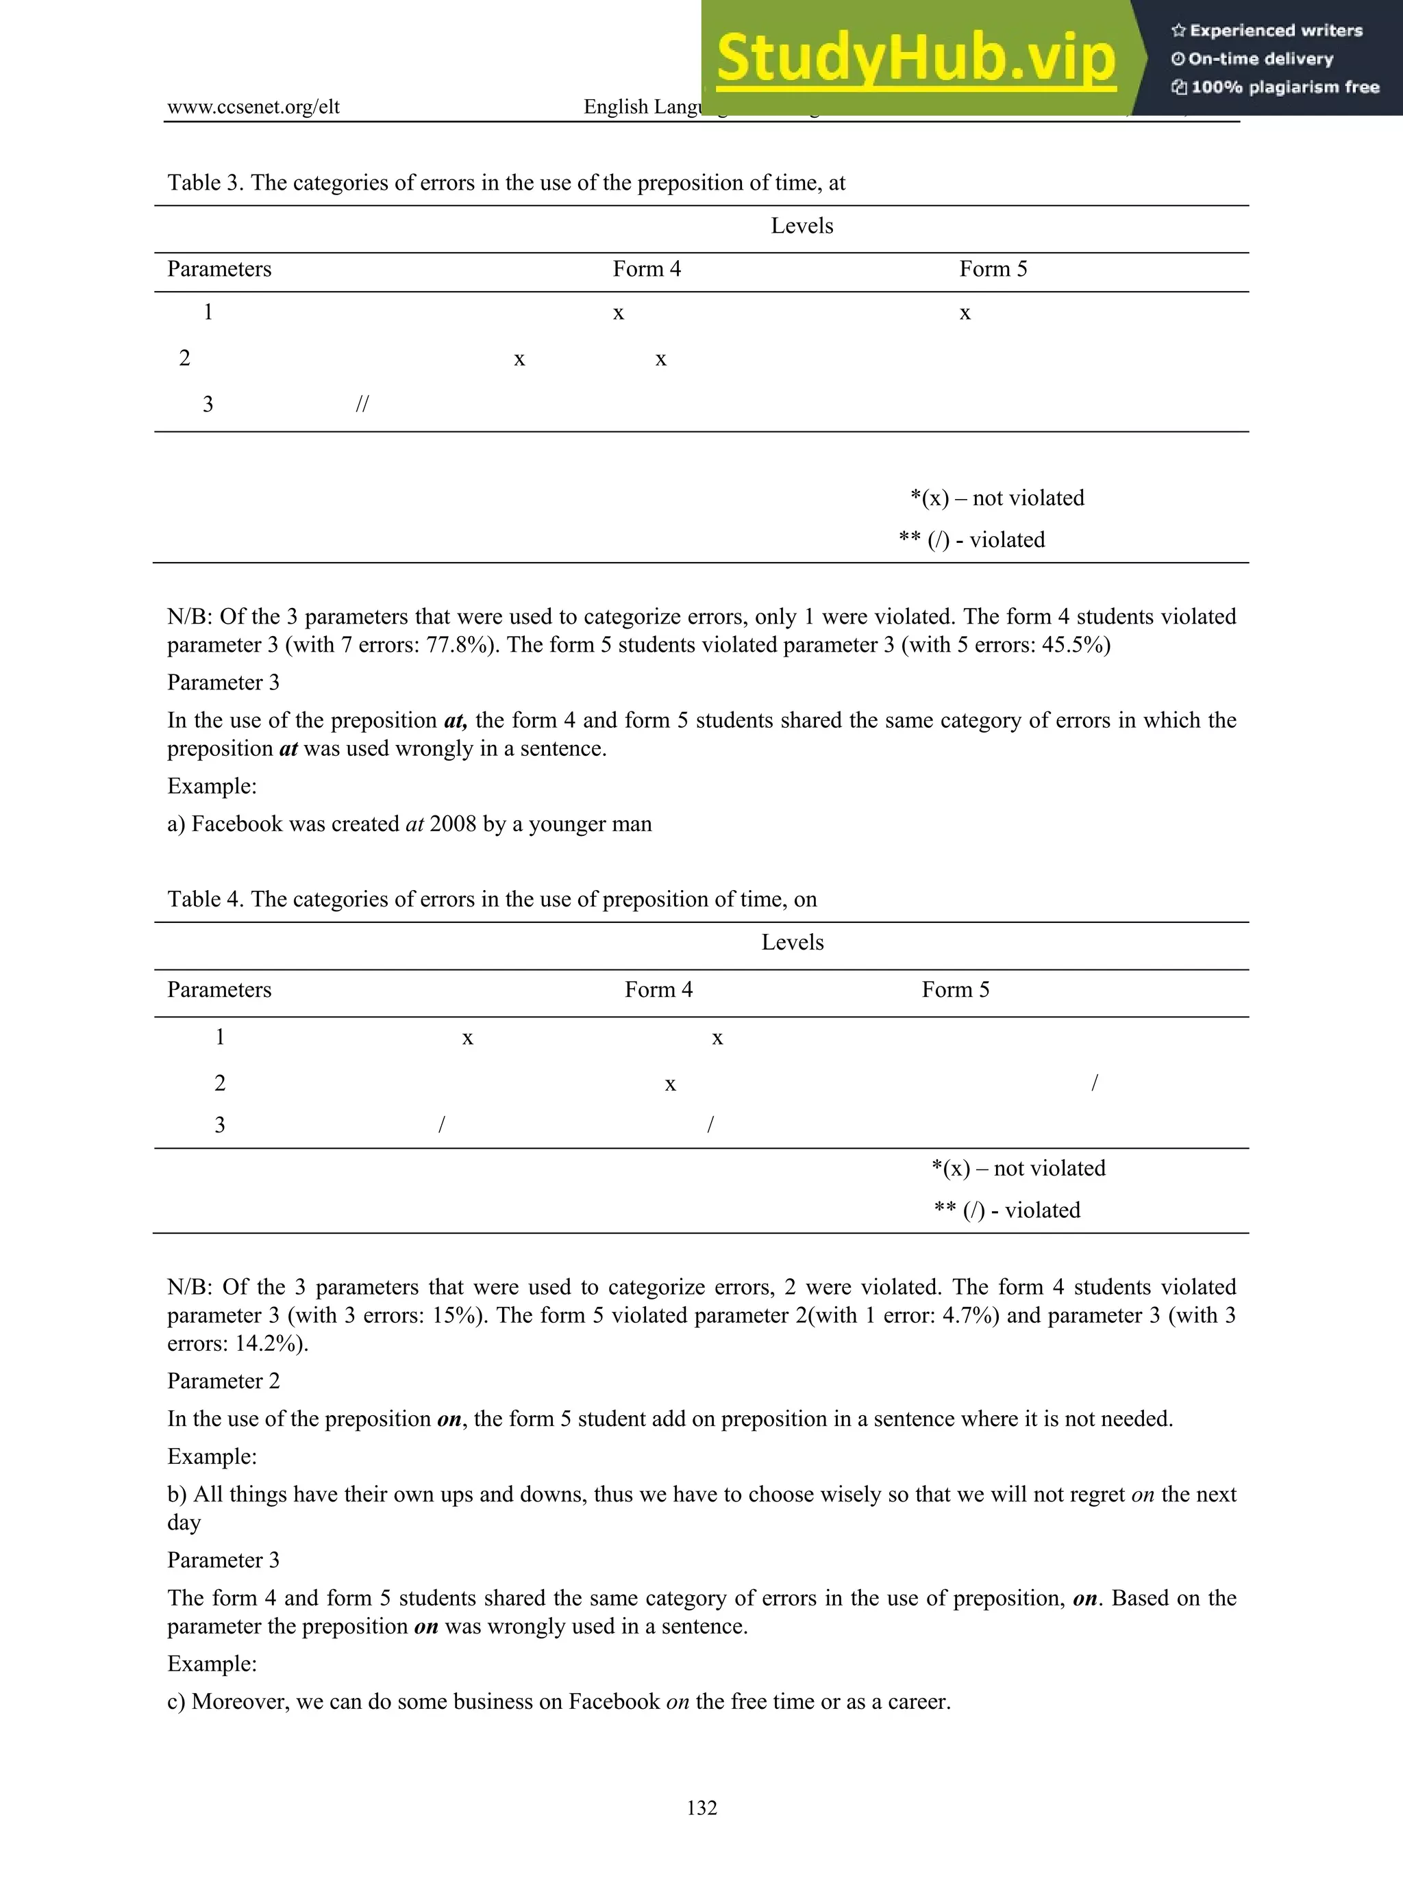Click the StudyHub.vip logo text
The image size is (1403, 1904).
point(915,58)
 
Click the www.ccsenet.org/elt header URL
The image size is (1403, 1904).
point(253,107)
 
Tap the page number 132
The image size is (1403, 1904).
point(701,1807)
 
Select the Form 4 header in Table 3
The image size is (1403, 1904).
point(646,269)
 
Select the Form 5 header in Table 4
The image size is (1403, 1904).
point(956,990)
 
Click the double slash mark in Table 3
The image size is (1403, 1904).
point(362,404)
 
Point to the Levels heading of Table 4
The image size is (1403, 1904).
point(793,942)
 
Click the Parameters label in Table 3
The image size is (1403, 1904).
point(219,269)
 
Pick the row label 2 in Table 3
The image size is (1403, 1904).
point(184,358)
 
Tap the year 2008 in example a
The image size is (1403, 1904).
point(453,824)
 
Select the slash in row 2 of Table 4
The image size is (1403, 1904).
point(1095,1083)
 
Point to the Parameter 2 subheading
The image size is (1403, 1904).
point(223,1381)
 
